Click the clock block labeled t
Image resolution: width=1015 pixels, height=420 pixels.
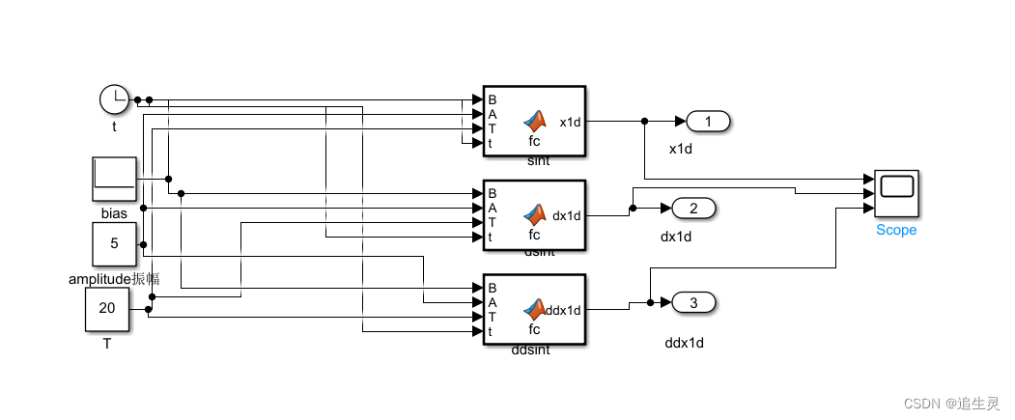tap(114, 98)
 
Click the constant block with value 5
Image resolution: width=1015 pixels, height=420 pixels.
tap(114, 243)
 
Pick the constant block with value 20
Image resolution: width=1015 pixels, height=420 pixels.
tap(107, 309)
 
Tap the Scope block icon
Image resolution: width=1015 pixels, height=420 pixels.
tap(896, 193)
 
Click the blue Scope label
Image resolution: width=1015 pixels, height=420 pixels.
tap(896, 230)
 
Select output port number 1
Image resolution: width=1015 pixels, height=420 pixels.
tap(707, 122)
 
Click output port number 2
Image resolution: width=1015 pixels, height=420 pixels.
tap(692, 208)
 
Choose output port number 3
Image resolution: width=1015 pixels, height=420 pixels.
tap(692, 303)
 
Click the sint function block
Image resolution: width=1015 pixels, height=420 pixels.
tap(534, 121)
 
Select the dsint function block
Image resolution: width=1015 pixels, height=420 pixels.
tap(534, 215)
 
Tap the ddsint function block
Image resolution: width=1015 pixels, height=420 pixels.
tap(534, 310)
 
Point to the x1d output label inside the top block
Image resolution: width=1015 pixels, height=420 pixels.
tap(571, 122)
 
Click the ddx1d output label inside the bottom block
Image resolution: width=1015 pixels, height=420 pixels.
tap(563, 310)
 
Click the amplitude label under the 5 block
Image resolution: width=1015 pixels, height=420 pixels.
tap(114, 279)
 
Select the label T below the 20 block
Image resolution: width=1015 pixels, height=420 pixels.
tap(106, 343)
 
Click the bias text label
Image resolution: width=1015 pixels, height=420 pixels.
tap(114, 212)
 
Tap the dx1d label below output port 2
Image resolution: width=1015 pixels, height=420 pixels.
tap(676, 237)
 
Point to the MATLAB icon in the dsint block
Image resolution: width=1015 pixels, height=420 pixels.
tap(534, 213)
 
